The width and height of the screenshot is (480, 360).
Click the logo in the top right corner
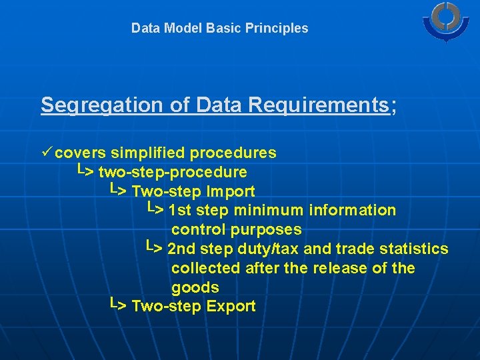pyautogui.click(x=446, y=21)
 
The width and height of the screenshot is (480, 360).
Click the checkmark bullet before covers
pyautogui.click(x=46, y=153)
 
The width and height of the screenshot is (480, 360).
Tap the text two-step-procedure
pyautogui.click(x=173, y=173)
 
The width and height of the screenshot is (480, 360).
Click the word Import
pyautogui.click(x=231, y=192)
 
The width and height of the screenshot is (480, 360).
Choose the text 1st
pyautogui.click(x=181, y=211)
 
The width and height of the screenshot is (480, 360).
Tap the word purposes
pyautogui.click(x=266, y=230)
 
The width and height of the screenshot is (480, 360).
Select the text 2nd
pyautogui.click(x=181, y=249)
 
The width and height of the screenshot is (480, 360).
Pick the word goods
pyautogui.click(x=195, y=288)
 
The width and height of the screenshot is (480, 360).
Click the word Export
pyautogui.click(x=231, y=307)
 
